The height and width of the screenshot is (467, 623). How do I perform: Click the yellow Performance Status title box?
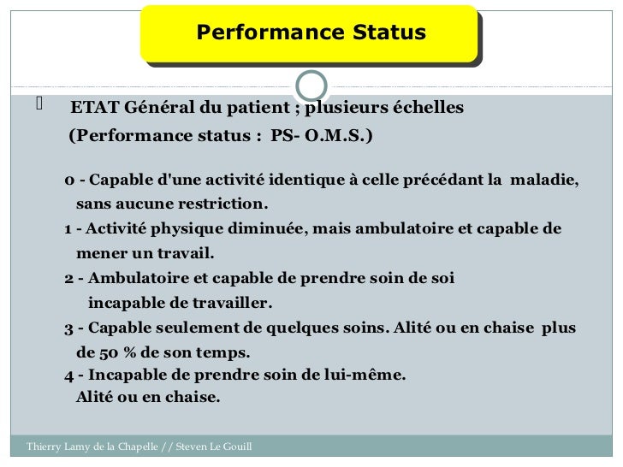(x=311, y=34)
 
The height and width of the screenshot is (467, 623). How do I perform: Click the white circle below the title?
(x=311, y=86)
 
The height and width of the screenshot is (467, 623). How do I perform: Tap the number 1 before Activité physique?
(x=68, y=230)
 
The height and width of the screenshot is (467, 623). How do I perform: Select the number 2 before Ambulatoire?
(x=68, y=279)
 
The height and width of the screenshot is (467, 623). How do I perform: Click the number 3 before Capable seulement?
(x=68, y=328)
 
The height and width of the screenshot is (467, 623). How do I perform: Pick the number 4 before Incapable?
(x=68, y=375)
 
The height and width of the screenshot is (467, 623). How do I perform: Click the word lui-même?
(x=366, y=375)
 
